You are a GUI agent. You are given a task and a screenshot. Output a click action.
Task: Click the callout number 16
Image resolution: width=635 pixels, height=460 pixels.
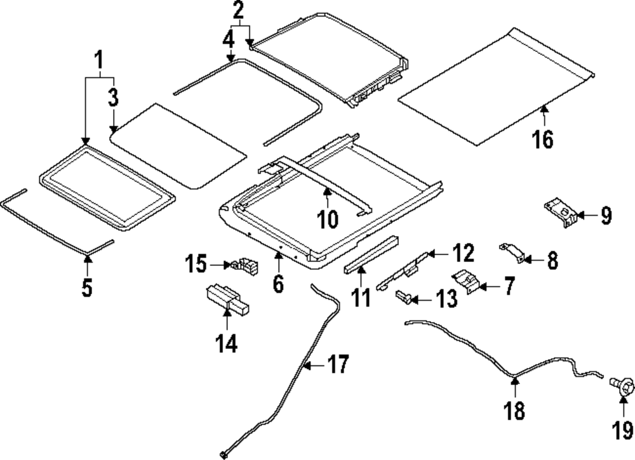[x=544, y=138]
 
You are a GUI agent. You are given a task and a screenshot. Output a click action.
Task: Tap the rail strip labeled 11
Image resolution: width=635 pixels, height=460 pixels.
[x=371, y=255]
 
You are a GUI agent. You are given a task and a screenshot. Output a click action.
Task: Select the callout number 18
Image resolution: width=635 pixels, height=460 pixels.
[x=515, y=411]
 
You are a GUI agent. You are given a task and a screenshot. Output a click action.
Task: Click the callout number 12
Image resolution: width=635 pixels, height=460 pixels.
[x=462, y=253]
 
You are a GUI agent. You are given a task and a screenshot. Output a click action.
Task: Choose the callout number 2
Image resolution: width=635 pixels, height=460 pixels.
[x=238, y=10]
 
